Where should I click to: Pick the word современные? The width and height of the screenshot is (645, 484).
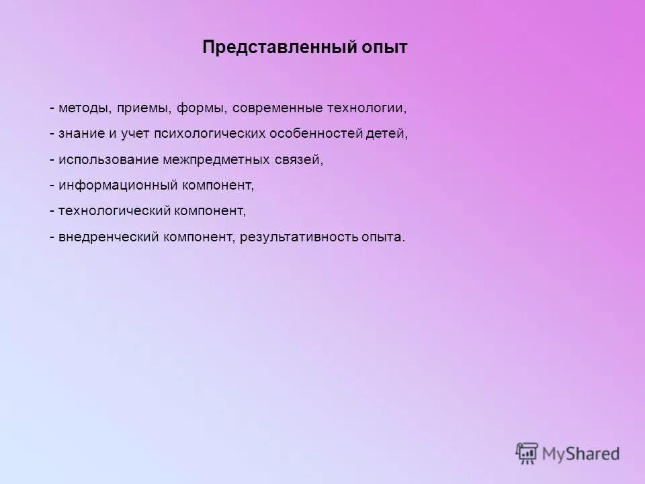pos(277,108)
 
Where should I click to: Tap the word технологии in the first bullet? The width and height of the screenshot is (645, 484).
pos(366,108)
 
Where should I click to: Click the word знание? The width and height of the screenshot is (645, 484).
pos(81,134)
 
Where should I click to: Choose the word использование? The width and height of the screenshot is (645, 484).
pos(108,160)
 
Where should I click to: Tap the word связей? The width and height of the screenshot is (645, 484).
pos(298,160)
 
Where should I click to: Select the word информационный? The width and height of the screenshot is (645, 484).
pos(117,185)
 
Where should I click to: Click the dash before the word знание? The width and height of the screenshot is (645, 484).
pos(52,134)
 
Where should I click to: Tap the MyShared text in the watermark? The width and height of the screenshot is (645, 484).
pos(580,454)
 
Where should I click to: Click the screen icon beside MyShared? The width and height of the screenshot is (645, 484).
pos(527,453)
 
